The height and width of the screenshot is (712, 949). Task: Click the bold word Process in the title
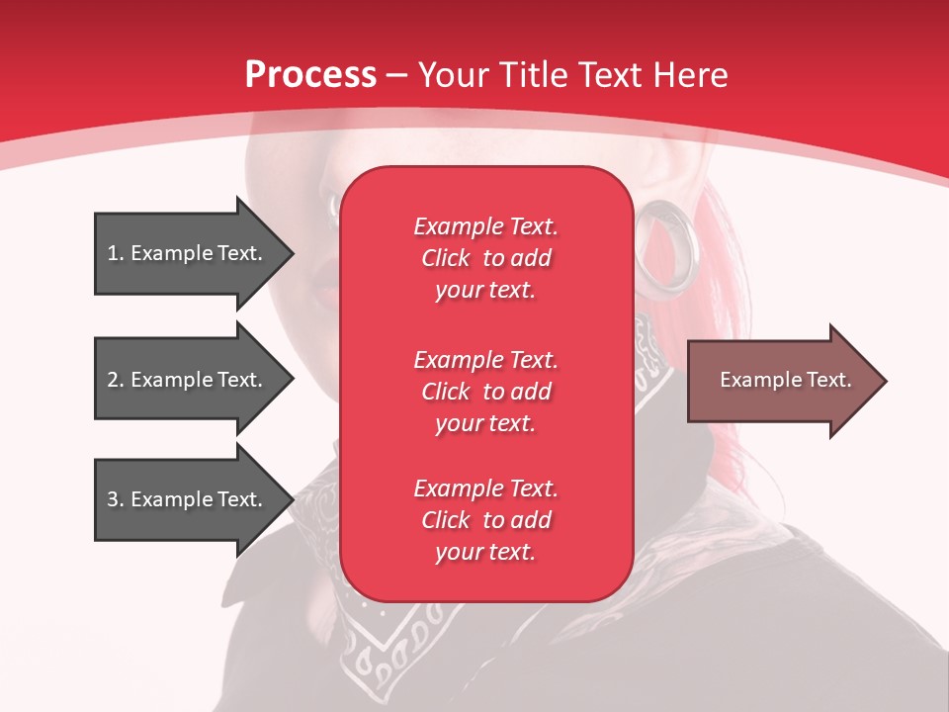[x=310, y=75]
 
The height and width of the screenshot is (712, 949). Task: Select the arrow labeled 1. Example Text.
[x=188, y=253]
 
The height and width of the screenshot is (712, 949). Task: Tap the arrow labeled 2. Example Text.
[x=188, y=380]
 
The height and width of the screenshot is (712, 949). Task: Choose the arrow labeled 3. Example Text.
[x=188, y=499]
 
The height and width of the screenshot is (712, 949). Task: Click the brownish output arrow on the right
[x=781, y=381]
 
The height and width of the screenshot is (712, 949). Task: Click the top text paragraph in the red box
[x=485, y=258]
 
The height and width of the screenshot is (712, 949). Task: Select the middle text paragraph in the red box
[x=485, y=392]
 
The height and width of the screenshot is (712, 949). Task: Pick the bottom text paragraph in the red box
[x=485, y=520]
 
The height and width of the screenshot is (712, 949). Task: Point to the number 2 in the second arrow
[x=113, y=380]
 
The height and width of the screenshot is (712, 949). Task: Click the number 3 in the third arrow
[x=113, y=499]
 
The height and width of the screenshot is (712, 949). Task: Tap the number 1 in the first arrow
[x=113, y=253]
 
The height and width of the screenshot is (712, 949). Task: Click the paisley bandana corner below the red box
[x=395, y=643]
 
